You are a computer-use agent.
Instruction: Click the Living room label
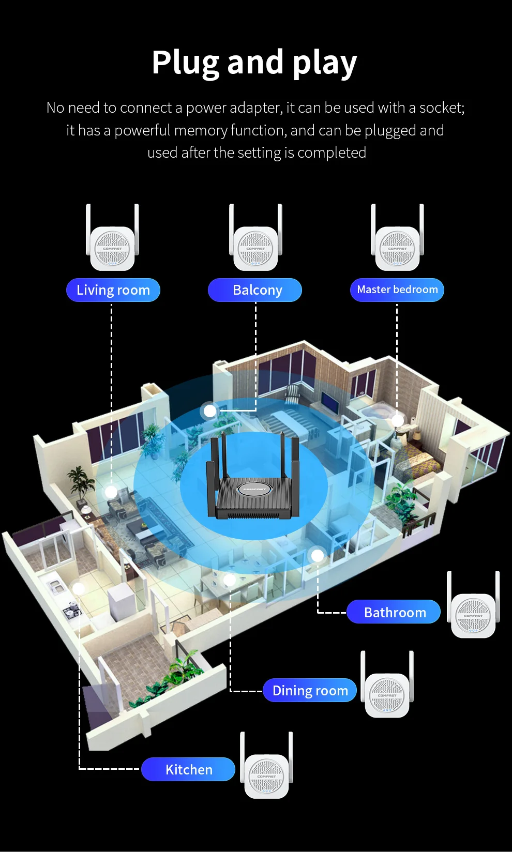tap(113, 290)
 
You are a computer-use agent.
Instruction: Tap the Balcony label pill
tap(254, 290)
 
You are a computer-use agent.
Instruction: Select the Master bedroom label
tap(397, 290)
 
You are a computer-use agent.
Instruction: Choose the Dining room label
tap(310, 691)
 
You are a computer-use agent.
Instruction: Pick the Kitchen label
tap(188, 769)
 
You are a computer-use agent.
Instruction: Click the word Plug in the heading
tap(185, 63)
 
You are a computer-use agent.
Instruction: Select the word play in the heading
tap(324, 63)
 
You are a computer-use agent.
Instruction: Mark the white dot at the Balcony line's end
tap(210, 410)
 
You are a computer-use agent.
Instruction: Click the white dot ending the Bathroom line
tap(318, 555)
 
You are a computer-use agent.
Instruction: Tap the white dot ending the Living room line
tap(111, 492)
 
